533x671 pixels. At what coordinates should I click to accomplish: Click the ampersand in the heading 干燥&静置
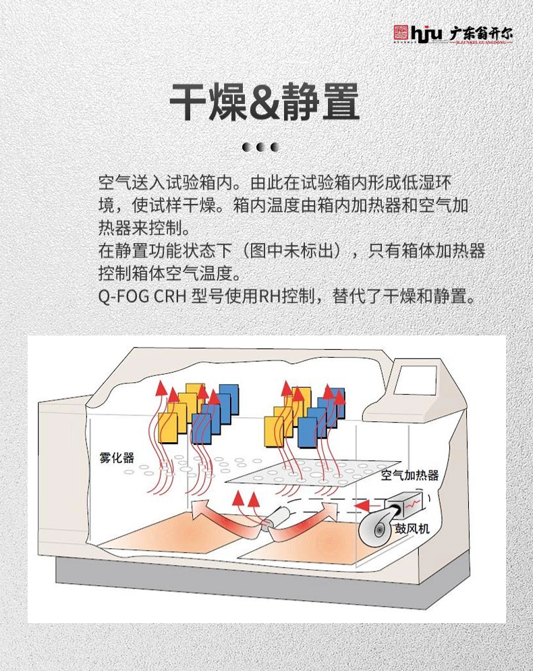[265, 103]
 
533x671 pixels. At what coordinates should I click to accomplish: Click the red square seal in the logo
[401, 32]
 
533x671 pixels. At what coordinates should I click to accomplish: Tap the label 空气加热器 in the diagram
[410, 475]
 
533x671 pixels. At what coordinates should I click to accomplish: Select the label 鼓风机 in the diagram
[412, 528]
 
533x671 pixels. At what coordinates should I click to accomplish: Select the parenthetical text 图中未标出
[294, 251]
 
